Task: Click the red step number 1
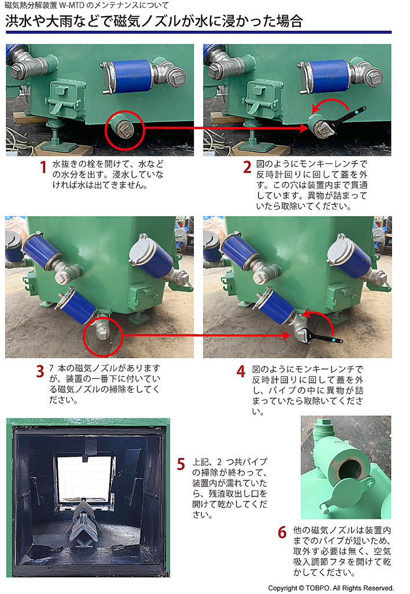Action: click(43, 168)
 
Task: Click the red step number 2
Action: click(247, 168)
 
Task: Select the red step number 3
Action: click(39, 371)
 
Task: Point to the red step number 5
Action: click(181, 464)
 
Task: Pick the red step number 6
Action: click(282, 531)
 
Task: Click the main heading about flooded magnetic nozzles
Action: click(154, 22)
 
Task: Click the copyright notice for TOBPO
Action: click(330, 587)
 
